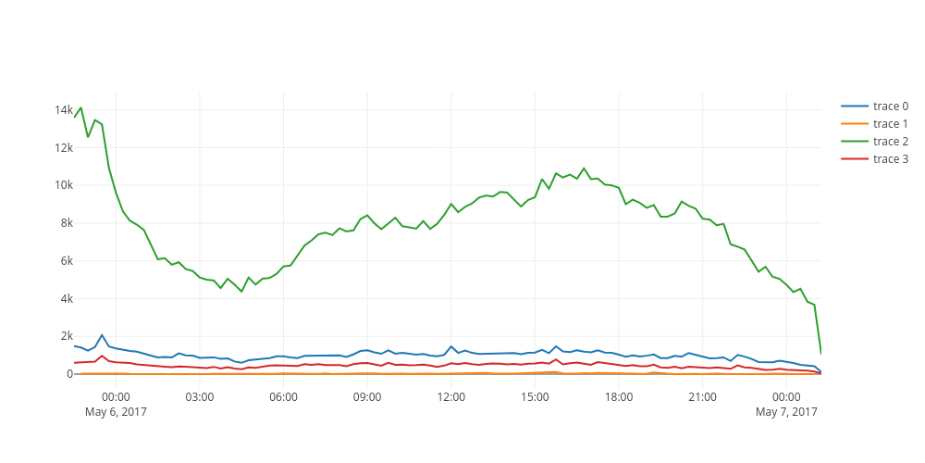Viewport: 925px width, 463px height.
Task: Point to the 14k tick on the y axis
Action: tap(64, 110)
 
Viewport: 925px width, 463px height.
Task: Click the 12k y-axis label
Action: tap(64, 148)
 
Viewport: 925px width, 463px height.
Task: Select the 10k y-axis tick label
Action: tap(64, 185)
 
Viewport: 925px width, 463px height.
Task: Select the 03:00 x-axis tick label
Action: tap(200, 397)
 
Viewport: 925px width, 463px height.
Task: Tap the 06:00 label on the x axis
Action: tap(283, 397)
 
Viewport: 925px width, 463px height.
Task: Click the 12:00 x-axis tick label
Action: tap(451, 397)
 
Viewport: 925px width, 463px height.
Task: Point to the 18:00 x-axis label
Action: tap(619, 397)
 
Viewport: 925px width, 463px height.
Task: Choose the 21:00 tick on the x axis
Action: tap(702, 397)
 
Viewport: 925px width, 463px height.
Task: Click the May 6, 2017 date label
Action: tap(116, 411)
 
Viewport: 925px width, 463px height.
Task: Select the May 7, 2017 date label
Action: tap(786, 411)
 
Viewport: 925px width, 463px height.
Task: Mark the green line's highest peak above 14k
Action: tap(81, 107)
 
